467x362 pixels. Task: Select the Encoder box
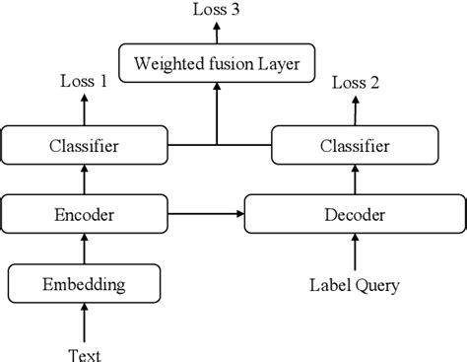83,213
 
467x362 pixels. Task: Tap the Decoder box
353,213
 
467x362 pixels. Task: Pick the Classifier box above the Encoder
83,148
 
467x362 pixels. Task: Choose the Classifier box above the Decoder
353,148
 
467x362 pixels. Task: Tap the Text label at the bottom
83,352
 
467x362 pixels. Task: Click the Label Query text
353,285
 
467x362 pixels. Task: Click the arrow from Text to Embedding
83,322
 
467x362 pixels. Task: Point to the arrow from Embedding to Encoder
83,250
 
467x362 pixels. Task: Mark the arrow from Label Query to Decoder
353,253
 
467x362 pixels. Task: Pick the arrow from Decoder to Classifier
353,181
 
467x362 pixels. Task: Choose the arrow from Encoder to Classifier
83,181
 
